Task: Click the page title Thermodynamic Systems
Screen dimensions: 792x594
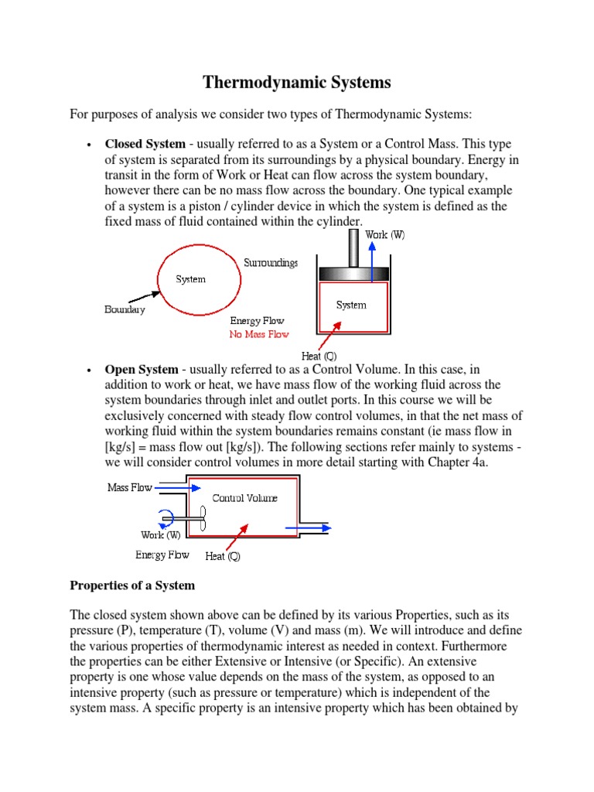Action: (x=297, y=83)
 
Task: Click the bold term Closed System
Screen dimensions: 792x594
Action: (x=145, y=144)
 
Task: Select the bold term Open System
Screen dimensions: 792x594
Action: (x=142, y=370)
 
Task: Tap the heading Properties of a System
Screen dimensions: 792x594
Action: (x=132, y=585)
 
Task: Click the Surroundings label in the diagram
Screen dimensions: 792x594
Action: (x=271, y=263)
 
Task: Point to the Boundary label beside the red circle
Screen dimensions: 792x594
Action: (x=125, y=309)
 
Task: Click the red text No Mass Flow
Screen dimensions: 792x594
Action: (x=258, y=334)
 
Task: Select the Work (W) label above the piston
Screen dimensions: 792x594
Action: (x=384, y=235)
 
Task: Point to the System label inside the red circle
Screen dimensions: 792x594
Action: (x=190, y=279)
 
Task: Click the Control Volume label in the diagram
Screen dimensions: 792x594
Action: (x=244, y=498)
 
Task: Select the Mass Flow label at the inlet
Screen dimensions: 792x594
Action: (x=129, y=488)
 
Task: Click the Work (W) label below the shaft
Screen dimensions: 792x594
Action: (x=160, y=534)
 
